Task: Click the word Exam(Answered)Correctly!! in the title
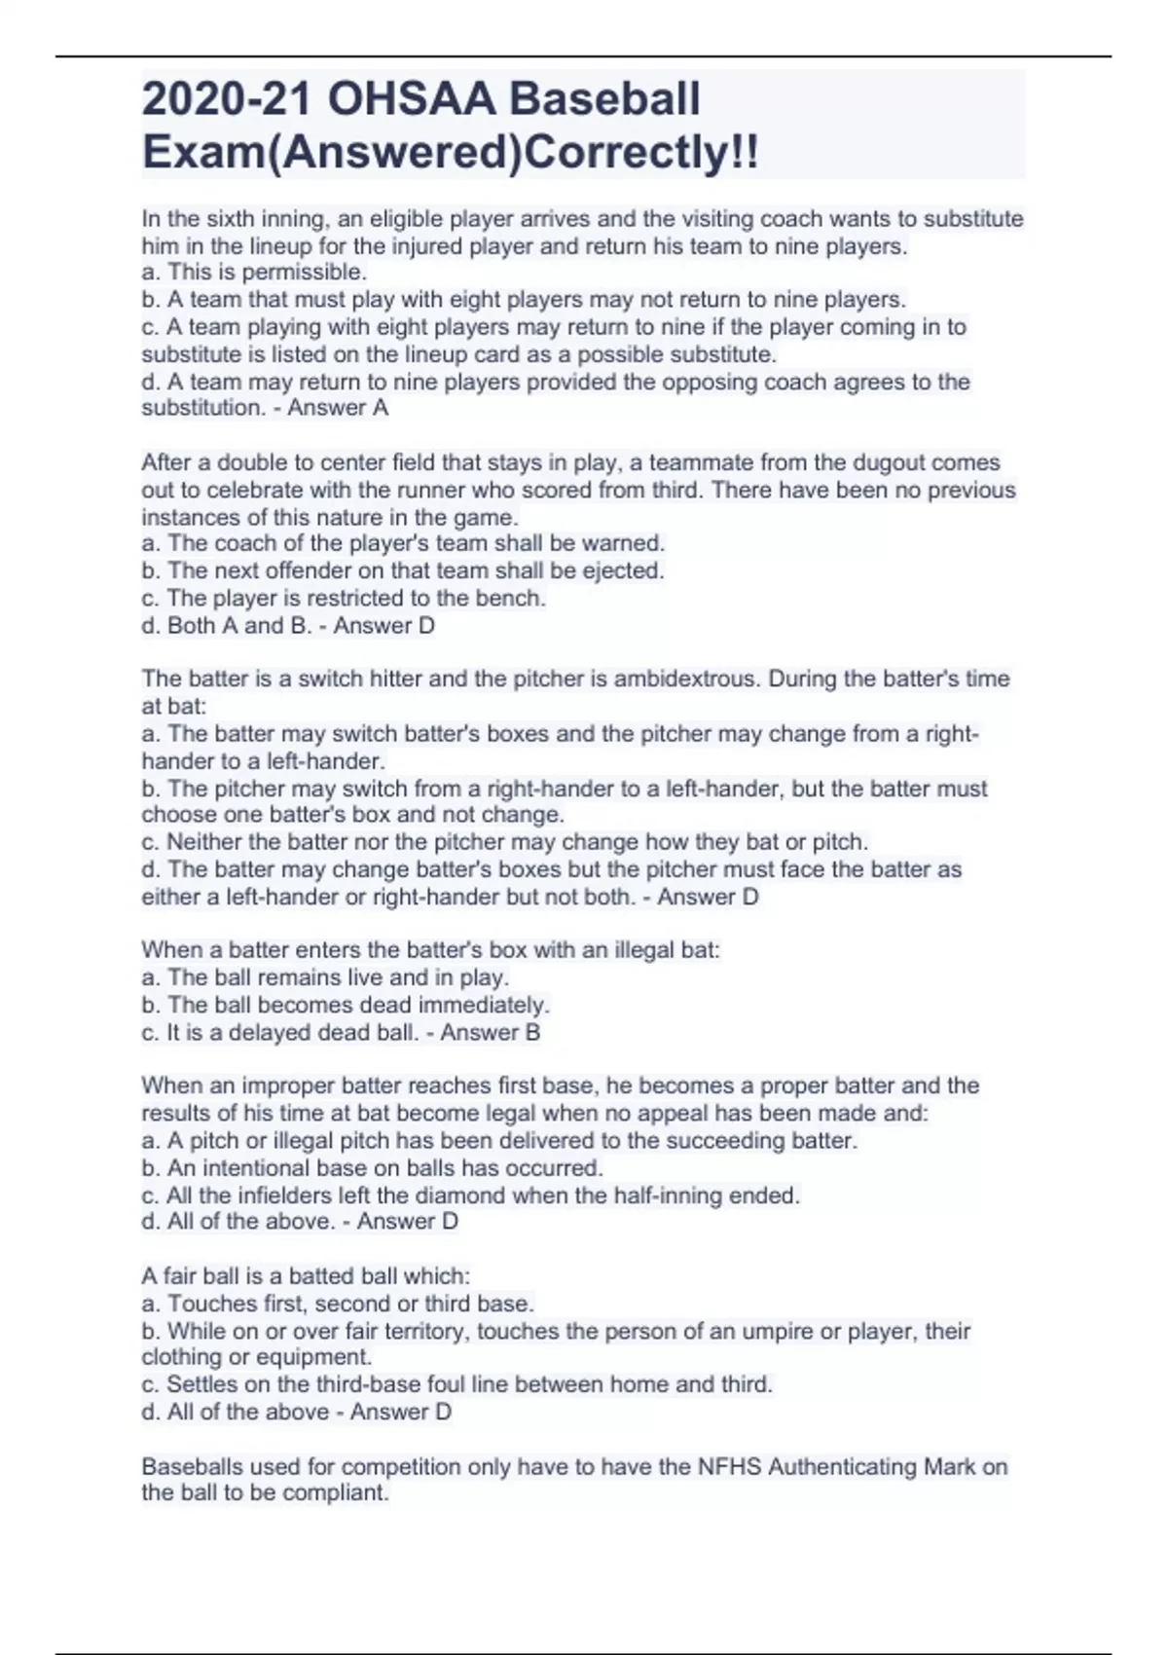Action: pyautogui.click(x=450, y=152)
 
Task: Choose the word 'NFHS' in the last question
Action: pyautogui.click(x=729, y=1466)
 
